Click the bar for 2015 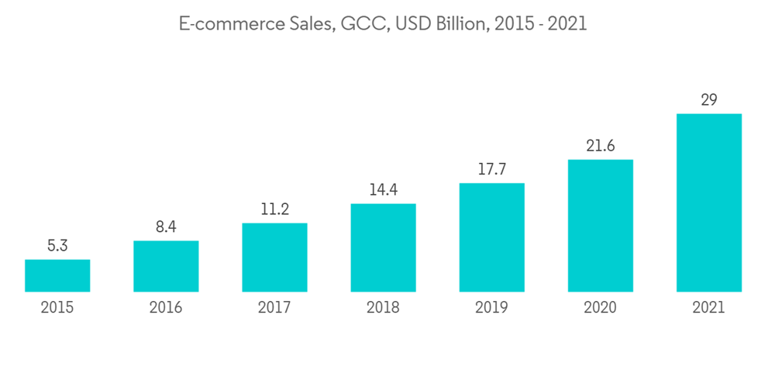[57, 275]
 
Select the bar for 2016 [166, 266]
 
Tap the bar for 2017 [274, 258]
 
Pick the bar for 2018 [383, 247]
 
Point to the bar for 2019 [491, 237]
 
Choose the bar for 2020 [600, 226]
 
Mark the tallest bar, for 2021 [708, 202]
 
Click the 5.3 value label [57, 246]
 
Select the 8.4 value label [166, 227]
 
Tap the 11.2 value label [274, 209]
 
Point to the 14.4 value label [383, 189]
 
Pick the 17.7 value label [491, 169]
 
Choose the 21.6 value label [600, 146]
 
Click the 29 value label [708, 100]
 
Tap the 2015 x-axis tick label [57, 308]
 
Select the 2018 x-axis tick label [383, 308]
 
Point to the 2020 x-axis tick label [600, 308]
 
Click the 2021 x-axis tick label [708, 308]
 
